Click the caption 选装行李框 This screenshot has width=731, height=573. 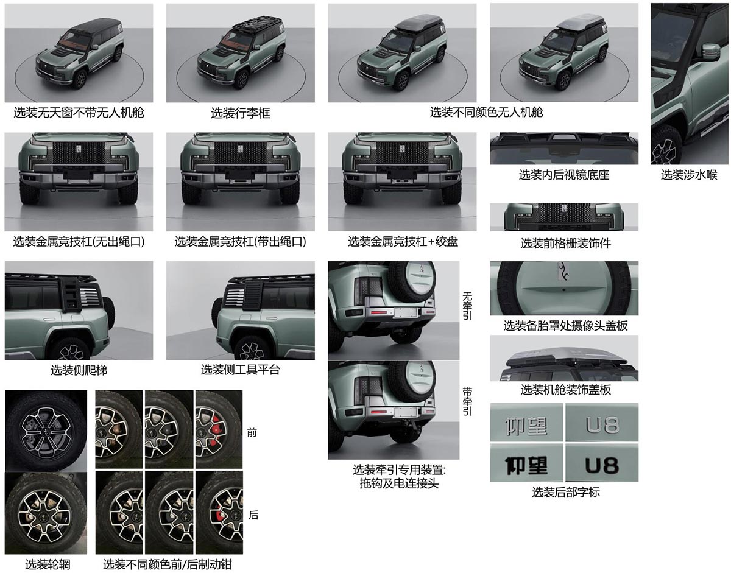click(240, 113)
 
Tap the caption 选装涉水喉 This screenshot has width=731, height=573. click(689, 175)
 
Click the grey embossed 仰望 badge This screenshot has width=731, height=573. click(526, 424)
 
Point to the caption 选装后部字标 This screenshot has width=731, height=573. click(565, 492)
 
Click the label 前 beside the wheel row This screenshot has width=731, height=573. click(252, 432)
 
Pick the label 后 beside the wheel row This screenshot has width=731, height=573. click(253, 515)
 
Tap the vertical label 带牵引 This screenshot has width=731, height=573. click(467, 401)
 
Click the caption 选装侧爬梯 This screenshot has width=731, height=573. click(79, 370)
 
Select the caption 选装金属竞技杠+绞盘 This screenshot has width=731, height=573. click(403, 242)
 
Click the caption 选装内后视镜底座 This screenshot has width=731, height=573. click(563, 175)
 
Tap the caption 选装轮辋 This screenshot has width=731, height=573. click(48, 564)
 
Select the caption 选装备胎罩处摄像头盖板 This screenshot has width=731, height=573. click(565, 326)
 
